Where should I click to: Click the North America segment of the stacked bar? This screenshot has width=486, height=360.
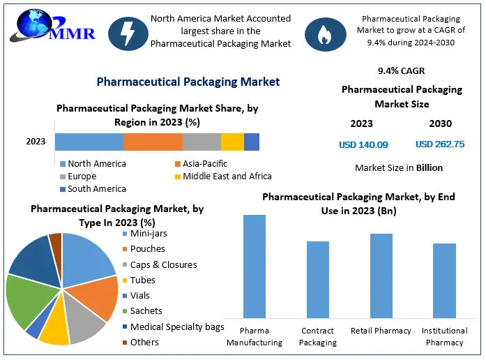(x=89, y=142)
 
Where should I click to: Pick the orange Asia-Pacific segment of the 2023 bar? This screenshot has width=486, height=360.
(x=153, y=142)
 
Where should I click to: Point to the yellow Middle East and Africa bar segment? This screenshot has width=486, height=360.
(x=232, y=142)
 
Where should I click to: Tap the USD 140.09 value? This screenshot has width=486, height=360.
(x=363, y=145)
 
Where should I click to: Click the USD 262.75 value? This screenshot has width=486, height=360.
(x=440, y=144)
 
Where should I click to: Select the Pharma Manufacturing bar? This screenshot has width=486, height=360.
(x=255, y=264)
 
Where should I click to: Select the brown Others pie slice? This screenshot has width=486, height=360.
(x=56, y=241)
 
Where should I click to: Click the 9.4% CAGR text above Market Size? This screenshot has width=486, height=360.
(x=401, y=70)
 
